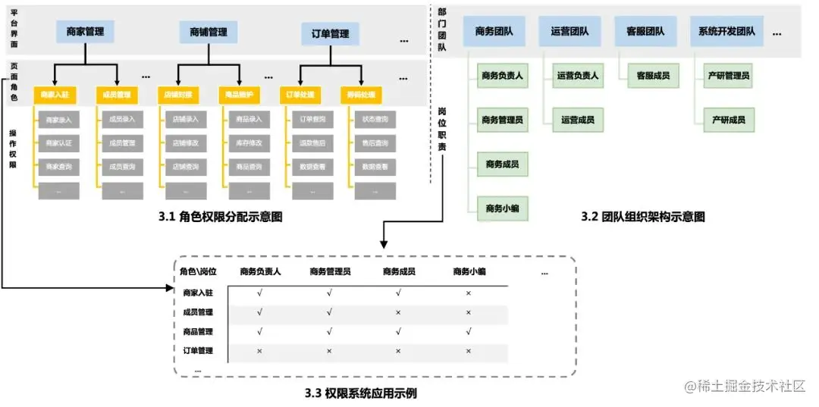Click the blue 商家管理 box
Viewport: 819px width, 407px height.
click(x=85, y=32)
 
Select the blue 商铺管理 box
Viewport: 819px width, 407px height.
click(x=209, y=32)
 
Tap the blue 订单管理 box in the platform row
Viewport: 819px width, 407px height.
click(x=330, y=34)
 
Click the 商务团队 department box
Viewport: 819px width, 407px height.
click(x=494, y=32)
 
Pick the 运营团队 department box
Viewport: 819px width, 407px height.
click(x=570, y=32)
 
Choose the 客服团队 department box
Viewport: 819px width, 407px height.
click(x=645, y=32)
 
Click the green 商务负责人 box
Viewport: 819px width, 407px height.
click(x=502, y=76)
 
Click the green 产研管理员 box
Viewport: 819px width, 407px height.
click(x=729, y=76)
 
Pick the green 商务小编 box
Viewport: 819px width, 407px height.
click(x=502, y=207)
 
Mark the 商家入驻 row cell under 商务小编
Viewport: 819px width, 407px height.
click(x=468, y=292)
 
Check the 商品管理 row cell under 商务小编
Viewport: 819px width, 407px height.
click(x=468, y=331)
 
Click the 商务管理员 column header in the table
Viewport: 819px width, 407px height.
click(x=329, y=271)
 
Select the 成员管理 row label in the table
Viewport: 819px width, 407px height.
click(x=198, y=312)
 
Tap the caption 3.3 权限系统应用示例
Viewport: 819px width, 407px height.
click(x=360, y=393)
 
